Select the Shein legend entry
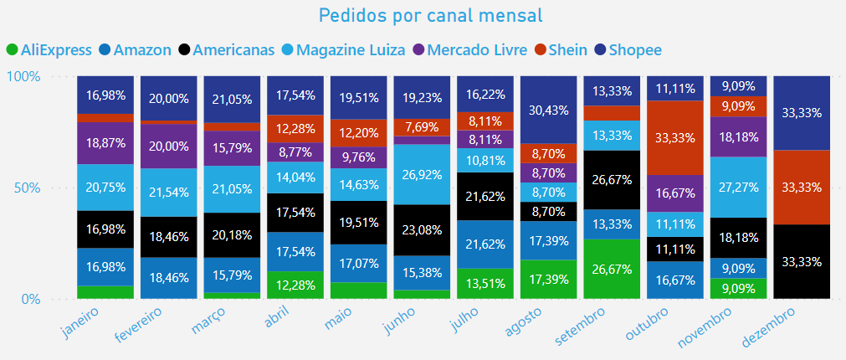(x=564, y=50)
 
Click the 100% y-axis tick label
(x=23, y=76)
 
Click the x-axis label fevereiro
(x=142, y=328)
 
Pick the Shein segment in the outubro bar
(x=675, y=137)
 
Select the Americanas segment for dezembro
(x=802, y=261)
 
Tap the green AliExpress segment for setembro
(x=613, y=269)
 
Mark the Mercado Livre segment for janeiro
(x=106, y=143)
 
